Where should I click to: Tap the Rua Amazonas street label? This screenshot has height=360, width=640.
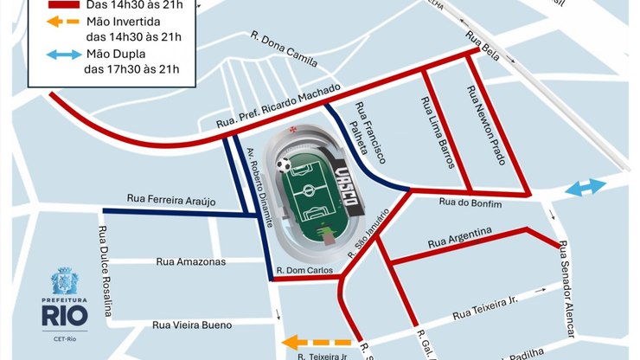[x=190, y=261]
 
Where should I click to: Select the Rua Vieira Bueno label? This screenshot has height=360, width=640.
[x=192, y=325]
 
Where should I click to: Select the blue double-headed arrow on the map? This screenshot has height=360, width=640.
[x=586, y=188]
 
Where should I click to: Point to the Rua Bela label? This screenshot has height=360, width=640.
[x=483, y=42]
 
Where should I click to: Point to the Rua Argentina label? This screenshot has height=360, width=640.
[x=465, y=241]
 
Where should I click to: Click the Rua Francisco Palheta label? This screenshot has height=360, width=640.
[x=368, y=134]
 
